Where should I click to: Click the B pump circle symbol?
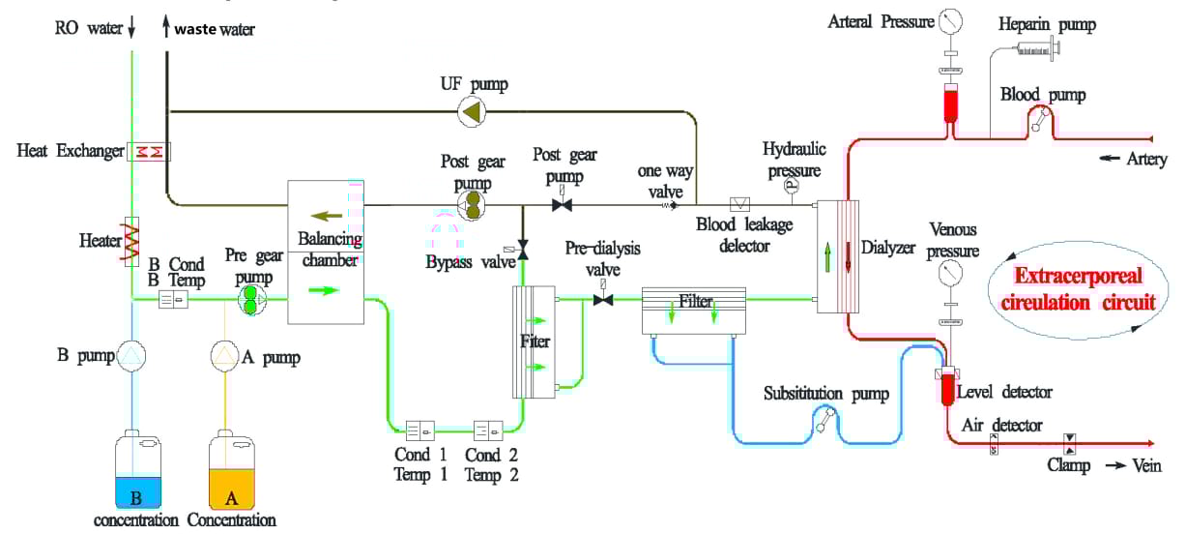coord(130,358)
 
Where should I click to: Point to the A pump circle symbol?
coord(225,358)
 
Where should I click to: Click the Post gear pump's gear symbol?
coord(473,205)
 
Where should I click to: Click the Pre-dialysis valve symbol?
coord(604,301)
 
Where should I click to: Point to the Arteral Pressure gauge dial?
coord(951,20)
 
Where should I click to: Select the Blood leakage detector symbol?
coord(741,205)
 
